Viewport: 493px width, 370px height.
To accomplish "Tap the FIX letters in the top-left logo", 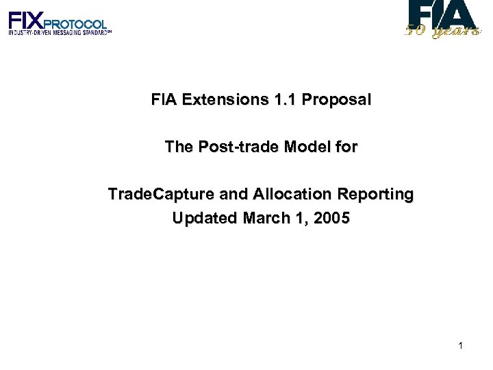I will click(26, 19).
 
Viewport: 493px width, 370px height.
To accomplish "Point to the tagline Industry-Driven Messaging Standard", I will click(59, 32).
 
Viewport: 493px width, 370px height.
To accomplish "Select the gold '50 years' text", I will click(442, 31).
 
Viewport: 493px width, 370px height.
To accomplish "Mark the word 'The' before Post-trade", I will click(179, 147).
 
